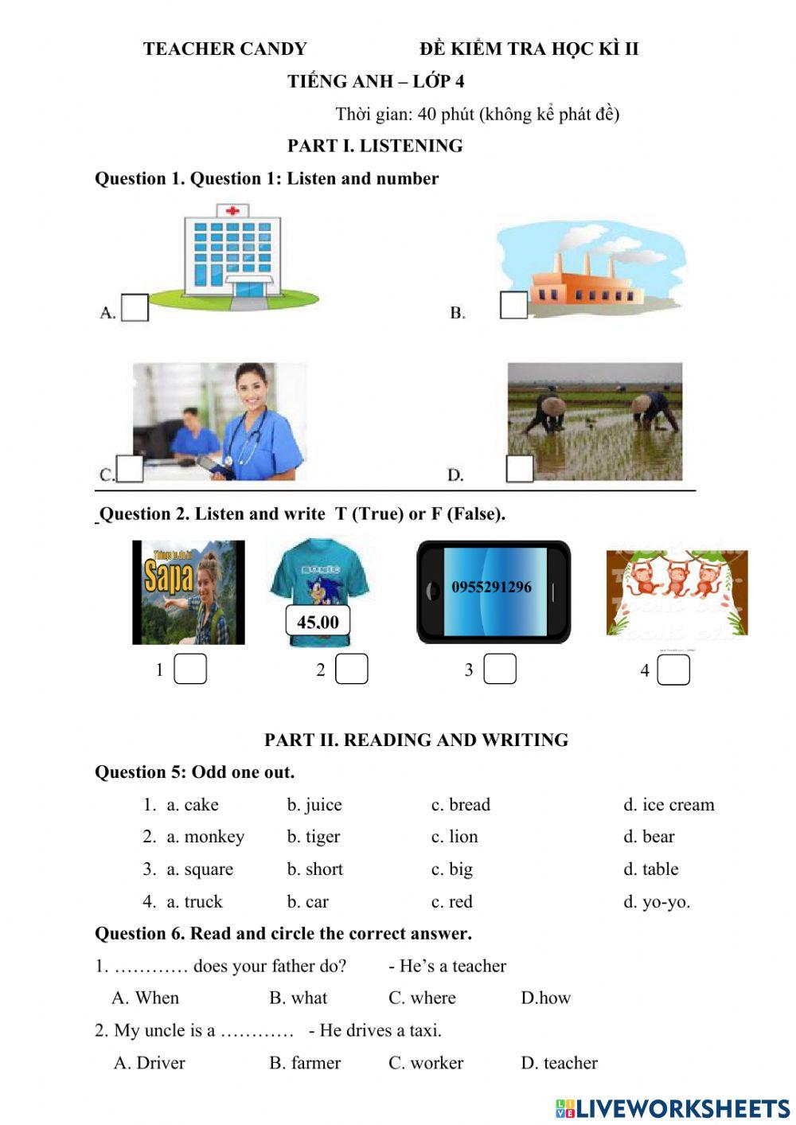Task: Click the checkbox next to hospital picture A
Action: click(135, 308)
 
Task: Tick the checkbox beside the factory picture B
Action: click(513, 305)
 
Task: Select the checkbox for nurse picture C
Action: click(130, 468)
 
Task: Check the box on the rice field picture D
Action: click(520, 468)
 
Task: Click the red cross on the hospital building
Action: click(232, 211)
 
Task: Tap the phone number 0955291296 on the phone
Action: click(491, 588)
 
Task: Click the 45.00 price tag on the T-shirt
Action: click(318, 622)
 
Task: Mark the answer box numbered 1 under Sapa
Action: click(190, 669)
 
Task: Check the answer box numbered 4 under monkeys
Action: click(673, 670)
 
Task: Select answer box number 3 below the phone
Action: click(500, 669)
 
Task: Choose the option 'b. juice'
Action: click(314, 805)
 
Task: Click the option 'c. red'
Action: click(451, 902)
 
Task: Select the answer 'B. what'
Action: click(298, 998)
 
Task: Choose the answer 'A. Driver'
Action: click(149, 1063)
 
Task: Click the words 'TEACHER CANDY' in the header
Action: click(224, 49)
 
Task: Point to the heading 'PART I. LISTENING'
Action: click(375, 146)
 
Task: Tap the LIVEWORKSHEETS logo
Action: click(673, 1108)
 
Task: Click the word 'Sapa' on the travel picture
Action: click(168, 576)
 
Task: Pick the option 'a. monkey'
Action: click(205, 837)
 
